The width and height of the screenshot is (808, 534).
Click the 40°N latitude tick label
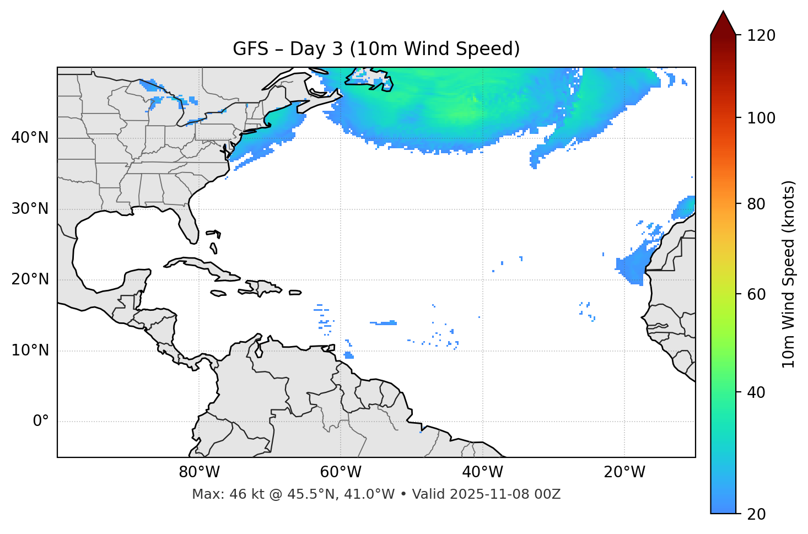tap(30, 138)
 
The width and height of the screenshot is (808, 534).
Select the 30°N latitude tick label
tap(30, 209)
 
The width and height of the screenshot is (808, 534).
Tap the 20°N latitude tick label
tap(30, 279)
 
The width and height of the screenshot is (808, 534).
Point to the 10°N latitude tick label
tap(30, 350)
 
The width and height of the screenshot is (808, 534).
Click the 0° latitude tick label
tap(41, 422)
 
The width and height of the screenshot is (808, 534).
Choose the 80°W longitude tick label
tap(199, 472)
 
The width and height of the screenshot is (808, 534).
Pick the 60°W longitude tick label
tap(341, 472)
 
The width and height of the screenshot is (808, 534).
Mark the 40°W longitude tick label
tap(483, 472)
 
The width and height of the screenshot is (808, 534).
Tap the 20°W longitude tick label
tap(624, 472)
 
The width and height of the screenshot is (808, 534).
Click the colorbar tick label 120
tap(761, 36)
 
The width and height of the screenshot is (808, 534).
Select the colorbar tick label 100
tap(761, 118)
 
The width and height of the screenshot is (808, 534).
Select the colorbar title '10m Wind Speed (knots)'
tap(789, 274)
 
